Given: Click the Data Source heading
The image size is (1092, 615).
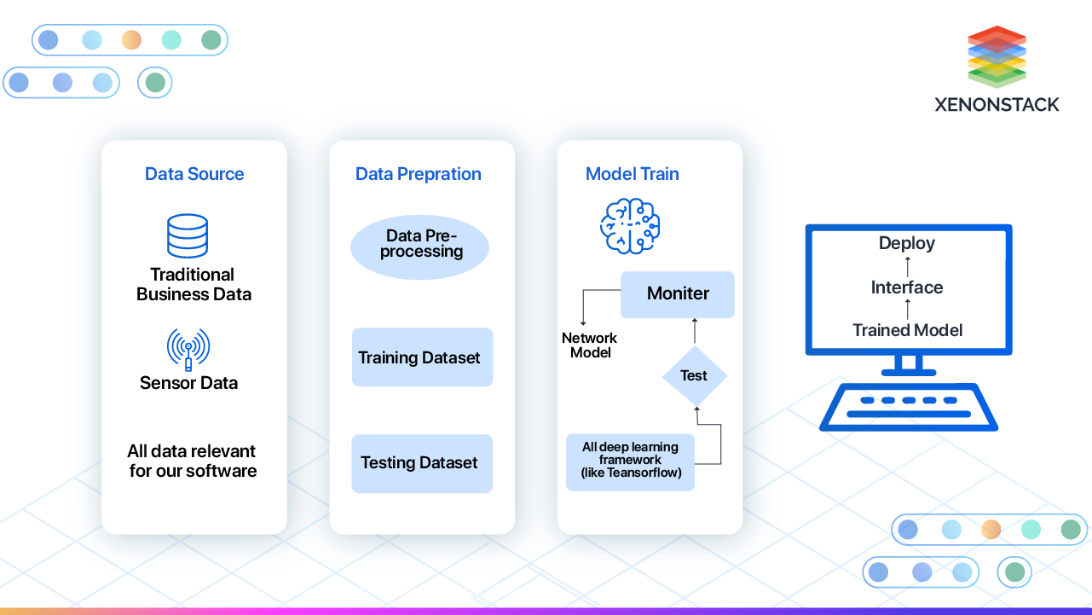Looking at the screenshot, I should click(x=194, y=174).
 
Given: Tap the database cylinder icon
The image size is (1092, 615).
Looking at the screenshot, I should click(x=188, y=235).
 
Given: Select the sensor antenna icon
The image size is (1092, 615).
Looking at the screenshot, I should click(x=188, y=349).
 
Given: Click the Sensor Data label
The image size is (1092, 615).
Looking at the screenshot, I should click(x=188, y=383).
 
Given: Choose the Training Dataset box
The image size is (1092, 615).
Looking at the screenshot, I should click(x=422, y=357).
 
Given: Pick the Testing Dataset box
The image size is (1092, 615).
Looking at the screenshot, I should click(x=422, y=463).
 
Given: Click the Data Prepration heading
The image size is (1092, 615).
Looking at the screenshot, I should click(x=419, y=174).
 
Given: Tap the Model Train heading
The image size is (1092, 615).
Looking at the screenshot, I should click(x=633, y=174).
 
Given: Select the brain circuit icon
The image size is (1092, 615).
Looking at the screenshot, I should click(x=630, y=224).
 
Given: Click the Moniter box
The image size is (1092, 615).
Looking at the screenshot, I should click(x=678, y=294).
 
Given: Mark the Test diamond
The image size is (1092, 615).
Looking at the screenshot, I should click(x=695, y=375).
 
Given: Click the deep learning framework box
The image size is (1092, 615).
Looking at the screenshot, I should click(x=631, y=461).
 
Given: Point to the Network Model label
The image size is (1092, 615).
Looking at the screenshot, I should click(x=590, y=345).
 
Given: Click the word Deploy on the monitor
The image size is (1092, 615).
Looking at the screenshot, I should click(x=907, y=243).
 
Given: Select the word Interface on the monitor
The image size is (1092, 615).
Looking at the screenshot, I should click(x=907, y=287).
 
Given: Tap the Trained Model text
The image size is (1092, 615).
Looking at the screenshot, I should click(x=908, y=330).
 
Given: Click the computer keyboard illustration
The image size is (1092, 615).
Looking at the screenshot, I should click(x=908, y=407).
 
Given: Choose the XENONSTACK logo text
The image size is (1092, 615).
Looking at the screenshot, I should click(x=997, y=104).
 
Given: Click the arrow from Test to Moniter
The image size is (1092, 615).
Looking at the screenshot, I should click(x=695, y=331).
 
